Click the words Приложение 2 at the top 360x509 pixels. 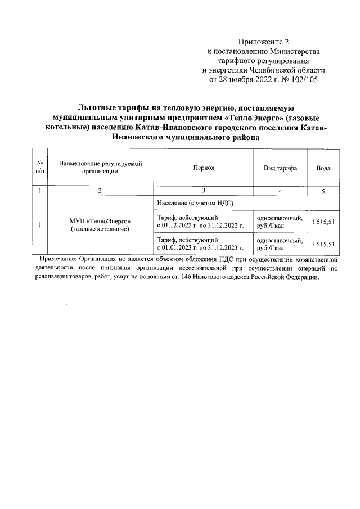click(x=263, y=42)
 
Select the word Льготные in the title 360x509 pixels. click(x=99, y=107)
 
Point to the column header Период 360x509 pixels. click(x=204, y=168)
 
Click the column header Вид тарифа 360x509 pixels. click(x=280, y=168)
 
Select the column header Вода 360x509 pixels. click(x=323, y=168)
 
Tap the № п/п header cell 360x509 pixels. click(x=40, y=168)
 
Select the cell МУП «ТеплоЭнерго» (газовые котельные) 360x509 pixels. click(x=100, y=225)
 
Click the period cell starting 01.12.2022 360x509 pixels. click(x=201, y=222)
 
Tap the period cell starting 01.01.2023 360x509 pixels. click(x=201, y=244)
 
